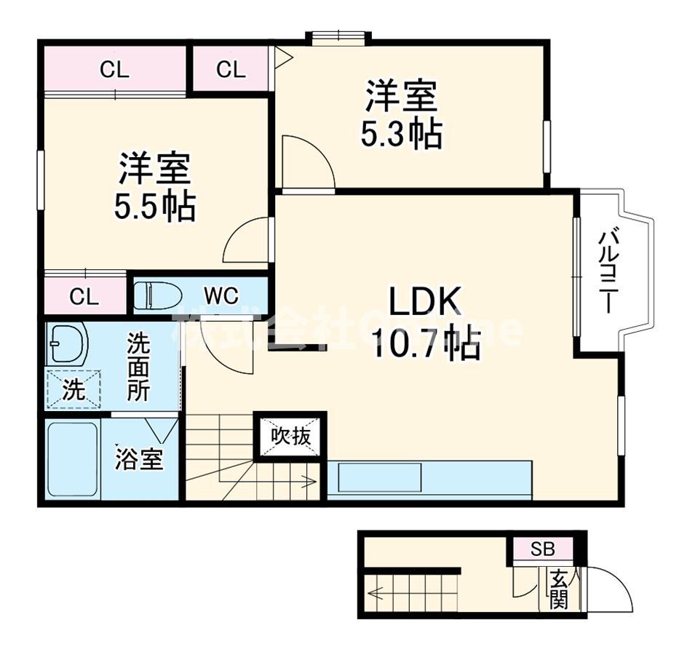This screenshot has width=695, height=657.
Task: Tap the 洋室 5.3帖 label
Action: pyautogui.click(x=402, y=114)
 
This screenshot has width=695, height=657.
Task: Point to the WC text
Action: pyautogui.click(x=221, y=295)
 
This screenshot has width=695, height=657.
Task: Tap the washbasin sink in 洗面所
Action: pyautogui.click(x=67, y=342)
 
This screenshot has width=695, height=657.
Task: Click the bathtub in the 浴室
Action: pyautogui.click(x=72, y=459)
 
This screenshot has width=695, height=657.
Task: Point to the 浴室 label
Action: pyautogui.click(x=138, y=459)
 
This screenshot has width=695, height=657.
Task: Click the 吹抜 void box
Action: pyautogui.click(x=290, y=437)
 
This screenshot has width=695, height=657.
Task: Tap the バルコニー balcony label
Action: pyautogui.click(x=609, y=272)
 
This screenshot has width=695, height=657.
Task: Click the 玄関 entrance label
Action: pyautogui.click(x=559, y=589)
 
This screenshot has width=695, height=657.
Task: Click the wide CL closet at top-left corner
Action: pyautogui.click(x=114, y=70)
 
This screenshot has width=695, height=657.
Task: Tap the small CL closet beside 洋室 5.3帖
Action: pyautogui.click(x=231, y=70)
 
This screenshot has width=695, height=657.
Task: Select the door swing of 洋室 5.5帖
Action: pyautogui.click(x=247, y=241)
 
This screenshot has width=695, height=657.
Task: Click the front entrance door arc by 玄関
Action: pyautogui.click(x=610, y=589)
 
